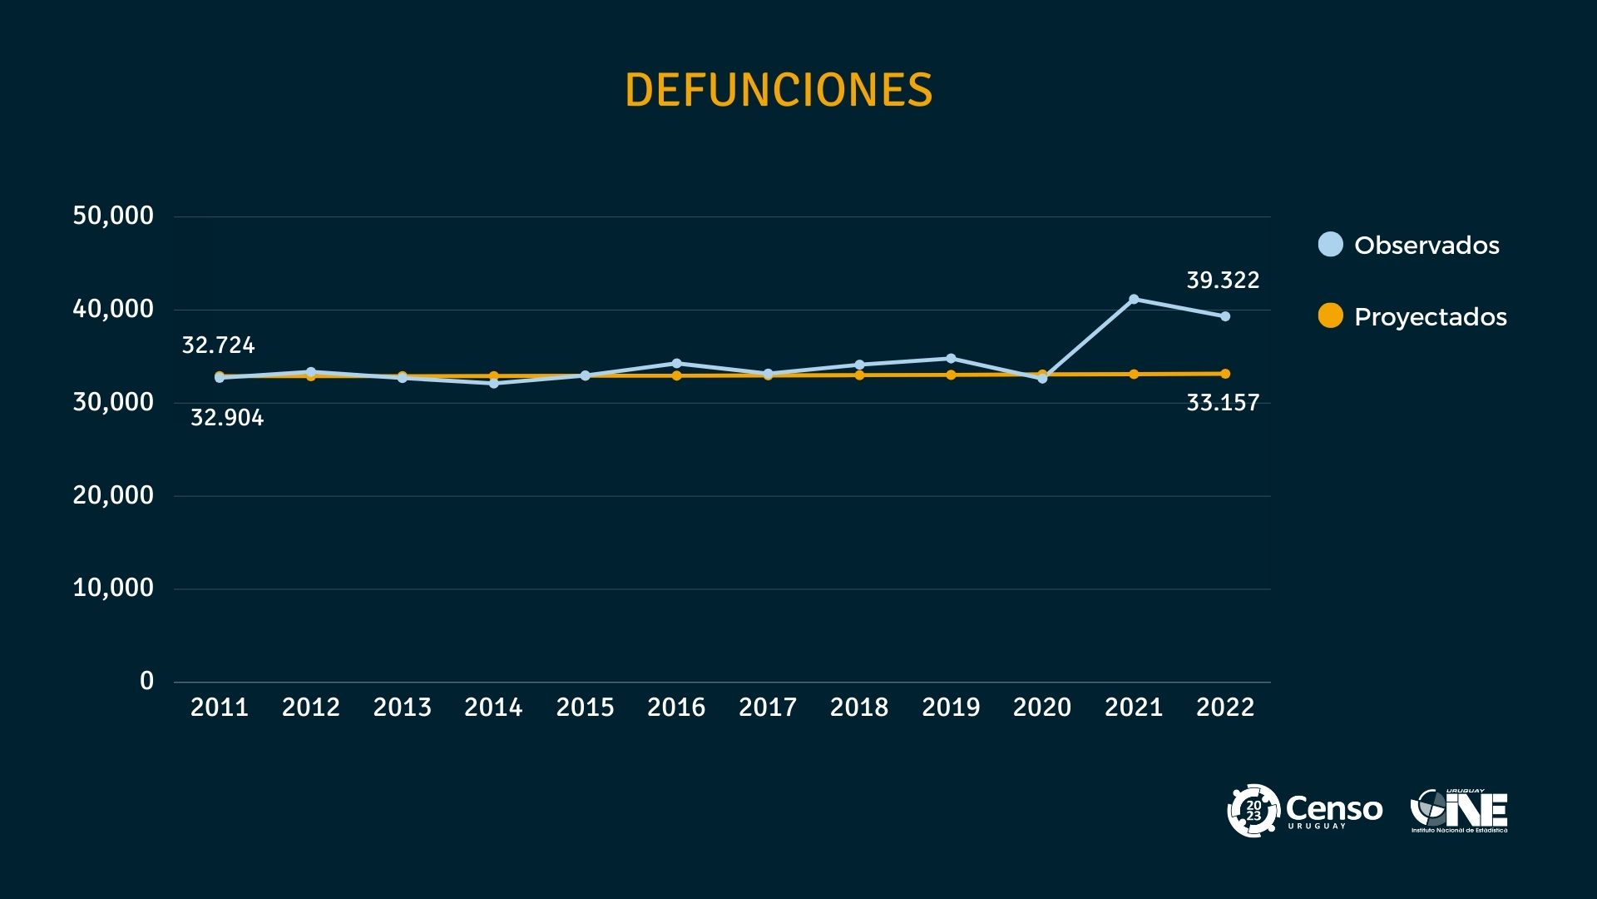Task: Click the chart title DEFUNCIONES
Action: (779, 90)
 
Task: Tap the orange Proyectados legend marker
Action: (1331, 316)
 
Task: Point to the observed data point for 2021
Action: (1134, 299)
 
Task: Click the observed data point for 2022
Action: (1225, 316)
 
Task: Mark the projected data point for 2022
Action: (1225, 374)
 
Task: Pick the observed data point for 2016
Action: (676, 363)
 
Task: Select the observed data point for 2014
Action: (493, 384)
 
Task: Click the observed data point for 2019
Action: (951, 358)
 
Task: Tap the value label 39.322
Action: (1223, 281)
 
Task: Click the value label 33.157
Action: (1223, 404)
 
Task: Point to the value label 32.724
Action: (218, 345)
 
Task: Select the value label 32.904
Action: (227, 418)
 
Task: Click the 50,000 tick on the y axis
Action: (113, 216)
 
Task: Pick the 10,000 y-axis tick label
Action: (113, 589)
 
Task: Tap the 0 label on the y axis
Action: (147, 682)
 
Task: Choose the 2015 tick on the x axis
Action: (585, 708)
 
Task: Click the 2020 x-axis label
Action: (1042, 708)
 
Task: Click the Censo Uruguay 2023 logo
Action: (1304, 810)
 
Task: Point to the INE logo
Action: (1460, 811)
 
